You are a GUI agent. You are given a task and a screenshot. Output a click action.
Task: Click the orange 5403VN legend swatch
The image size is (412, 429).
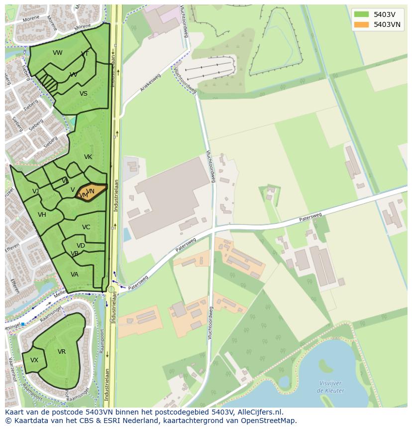click(362, 24)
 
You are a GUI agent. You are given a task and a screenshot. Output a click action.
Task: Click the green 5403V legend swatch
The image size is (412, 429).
click(362, 14)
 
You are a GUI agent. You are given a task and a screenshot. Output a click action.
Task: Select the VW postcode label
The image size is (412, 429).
click(58, 53)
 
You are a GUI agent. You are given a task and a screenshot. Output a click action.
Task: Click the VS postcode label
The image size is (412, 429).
click(84, 94)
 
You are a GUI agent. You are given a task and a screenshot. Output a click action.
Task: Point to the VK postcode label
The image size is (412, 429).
click(88, 157)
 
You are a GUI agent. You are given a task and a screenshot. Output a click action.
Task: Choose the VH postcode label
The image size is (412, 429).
click(42, 215)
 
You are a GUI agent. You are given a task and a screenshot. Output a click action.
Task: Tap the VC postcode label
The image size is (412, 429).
click(86, 227)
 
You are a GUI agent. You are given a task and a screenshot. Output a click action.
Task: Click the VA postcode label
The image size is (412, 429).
click(75, 275)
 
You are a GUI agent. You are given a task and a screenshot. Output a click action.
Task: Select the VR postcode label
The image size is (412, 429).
click(62, 352)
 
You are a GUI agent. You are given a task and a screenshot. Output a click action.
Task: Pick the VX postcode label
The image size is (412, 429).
click(34, 360)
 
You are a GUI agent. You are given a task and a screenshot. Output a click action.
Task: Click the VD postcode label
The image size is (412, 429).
click(81, 246)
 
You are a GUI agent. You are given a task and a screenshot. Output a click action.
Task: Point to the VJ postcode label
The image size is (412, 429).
click(36, 191)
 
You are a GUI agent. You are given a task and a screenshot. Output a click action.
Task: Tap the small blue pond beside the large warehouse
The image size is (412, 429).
click(127, 234)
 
